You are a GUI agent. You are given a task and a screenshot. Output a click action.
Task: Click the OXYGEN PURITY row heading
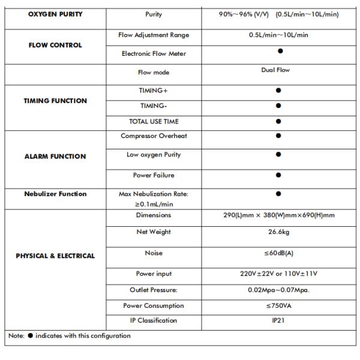[x=55, y=14]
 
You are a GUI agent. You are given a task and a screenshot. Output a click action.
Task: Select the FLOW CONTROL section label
[x=55, y=45]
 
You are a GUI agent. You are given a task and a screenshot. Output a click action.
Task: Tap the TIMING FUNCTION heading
[x=55, y=101]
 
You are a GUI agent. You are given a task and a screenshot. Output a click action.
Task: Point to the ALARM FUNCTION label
[x=55, y=157]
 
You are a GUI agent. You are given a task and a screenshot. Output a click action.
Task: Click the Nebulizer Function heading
[x=55, y=194]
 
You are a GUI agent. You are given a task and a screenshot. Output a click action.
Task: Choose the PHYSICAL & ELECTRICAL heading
[x=55, y=256]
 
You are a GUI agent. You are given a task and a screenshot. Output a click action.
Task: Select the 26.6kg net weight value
[x=278, y=232]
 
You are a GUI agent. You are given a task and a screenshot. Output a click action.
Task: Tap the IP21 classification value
[x=278, y=320]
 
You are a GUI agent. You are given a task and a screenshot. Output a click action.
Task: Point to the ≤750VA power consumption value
[x=278, y=305]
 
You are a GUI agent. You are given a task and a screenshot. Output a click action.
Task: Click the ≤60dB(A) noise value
[x=278, y=253]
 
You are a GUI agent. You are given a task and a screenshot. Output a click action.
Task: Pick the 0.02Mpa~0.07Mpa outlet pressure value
[x=278, y=290]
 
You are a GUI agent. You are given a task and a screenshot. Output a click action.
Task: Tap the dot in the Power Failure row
[x=278, y=175]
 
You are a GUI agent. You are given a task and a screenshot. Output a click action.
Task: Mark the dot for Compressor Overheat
[x=278, y=136]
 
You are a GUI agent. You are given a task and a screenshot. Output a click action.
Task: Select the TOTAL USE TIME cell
[x=154, y=121]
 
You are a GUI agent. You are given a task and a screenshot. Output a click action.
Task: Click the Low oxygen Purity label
[x=154, y=155]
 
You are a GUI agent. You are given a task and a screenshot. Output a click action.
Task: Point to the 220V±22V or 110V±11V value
[x=278, y=274]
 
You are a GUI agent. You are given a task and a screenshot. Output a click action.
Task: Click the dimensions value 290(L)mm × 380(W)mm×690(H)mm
[x=278, y=215]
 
